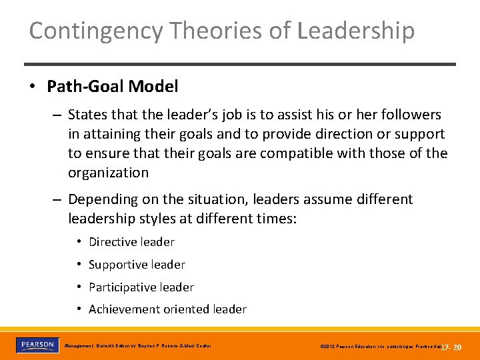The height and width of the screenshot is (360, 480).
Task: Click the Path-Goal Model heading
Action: (x=112, y=87)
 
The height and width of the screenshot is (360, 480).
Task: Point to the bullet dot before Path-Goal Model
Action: (x=33, y=87)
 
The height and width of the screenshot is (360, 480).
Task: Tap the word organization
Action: (x=109, y=173)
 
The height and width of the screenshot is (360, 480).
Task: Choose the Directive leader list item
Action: (x=131, y=242)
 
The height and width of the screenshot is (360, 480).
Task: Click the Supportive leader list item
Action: (x=137, y=265)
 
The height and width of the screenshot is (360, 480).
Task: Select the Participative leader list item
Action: (x=141, y=287)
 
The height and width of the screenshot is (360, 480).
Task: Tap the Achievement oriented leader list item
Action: (x=167, y=309)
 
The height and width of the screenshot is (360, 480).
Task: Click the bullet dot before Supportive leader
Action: (x=79, y=265)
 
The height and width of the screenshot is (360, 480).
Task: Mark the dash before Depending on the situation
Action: (x=58, y=199)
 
